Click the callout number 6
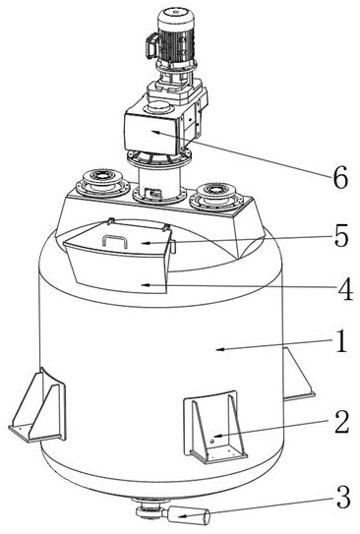(340, 177)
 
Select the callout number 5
(341, 236)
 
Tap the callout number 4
(345, 289)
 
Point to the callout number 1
(341, 341)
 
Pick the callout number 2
(342, 422)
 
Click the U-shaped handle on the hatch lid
(115, 241)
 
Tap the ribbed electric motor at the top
(175, 38)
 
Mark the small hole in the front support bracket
(211, 442)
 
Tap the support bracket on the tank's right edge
(298, 373)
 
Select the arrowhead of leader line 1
(220, 349)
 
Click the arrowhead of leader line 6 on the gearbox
(155, 132)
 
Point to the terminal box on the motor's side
(151, 45)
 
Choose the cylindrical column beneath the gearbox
(159, 181)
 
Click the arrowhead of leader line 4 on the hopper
(146, 284)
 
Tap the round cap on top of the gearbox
(158, 106)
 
